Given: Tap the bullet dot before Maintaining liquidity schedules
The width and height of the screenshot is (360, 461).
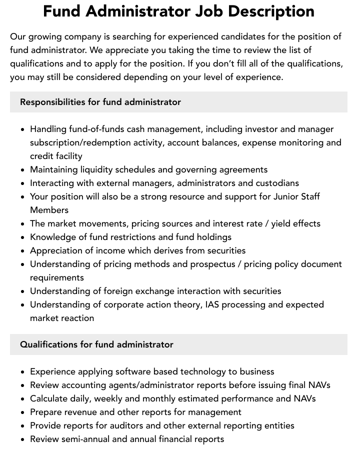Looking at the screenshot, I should click(x=23, y=170).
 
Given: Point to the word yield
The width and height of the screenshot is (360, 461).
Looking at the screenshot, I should click(x=281, y=223).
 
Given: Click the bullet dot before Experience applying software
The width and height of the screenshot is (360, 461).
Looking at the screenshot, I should click(x=23, y=372).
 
